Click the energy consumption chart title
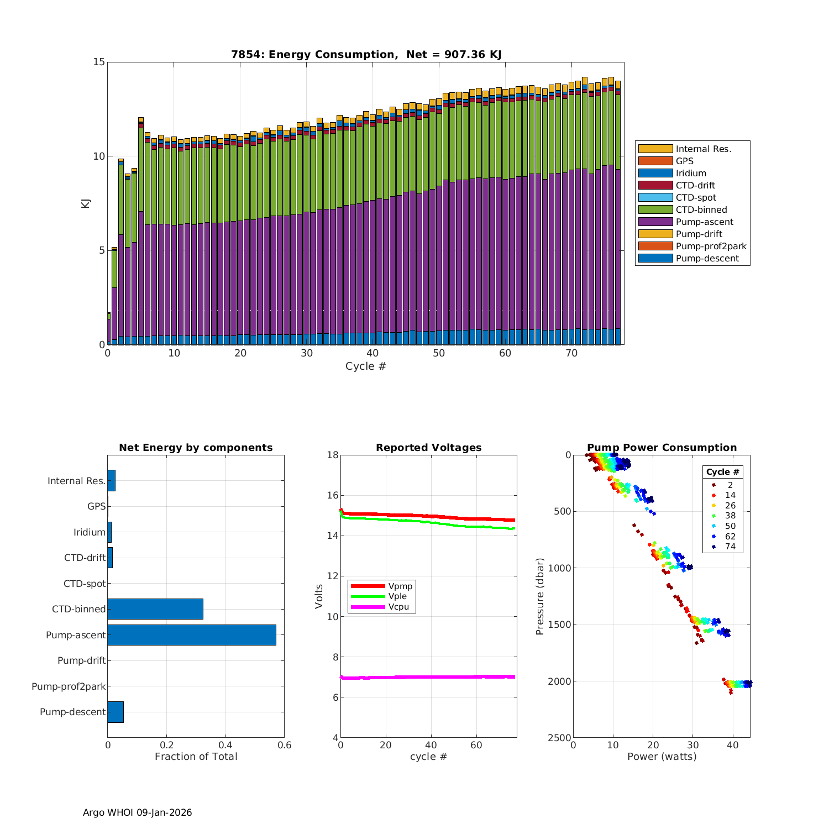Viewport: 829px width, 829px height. coord(366,54)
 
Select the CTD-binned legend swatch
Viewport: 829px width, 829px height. coord(655,210)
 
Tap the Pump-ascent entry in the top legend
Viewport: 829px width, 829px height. coord(704,222)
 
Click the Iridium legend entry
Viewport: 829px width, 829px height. coord(691,174)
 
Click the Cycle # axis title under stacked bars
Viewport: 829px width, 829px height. coord(365,366)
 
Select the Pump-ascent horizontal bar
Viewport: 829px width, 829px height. coord(192,635)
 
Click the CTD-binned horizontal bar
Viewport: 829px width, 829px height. coord(155,609)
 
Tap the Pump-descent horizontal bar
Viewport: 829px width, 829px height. coord(116,712)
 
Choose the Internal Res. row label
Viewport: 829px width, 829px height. coord(76,481)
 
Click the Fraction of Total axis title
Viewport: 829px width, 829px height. coord(196,757)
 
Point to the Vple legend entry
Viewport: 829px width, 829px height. coord(397,596)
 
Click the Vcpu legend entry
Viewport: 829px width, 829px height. coord(398,607)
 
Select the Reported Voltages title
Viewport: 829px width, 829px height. coord(428,448)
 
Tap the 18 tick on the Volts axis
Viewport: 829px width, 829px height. coord(332,455)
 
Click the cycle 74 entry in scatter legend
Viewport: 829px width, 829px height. coord(730,547)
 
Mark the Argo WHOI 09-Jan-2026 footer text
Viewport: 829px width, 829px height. coord(137,812)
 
